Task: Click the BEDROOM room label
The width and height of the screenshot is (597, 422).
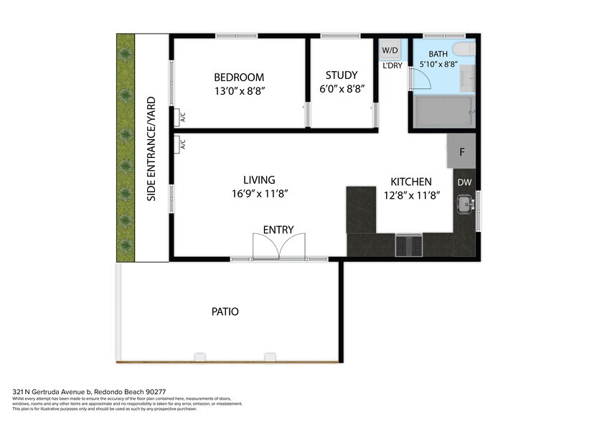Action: [239, 77]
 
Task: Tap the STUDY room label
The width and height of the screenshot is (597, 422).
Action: [341, 75]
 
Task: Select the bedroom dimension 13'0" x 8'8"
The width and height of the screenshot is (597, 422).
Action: [239, 90]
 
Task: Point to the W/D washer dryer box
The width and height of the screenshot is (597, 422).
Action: [390, 50]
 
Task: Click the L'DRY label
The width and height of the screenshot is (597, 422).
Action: [392, 65]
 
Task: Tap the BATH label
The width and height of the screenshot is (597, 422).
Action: [438, 55]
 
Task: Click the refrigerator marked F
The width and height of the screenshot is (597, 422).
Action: [461, 151]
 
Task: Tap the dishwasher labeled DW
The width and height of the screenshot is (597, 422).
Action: [464, 182]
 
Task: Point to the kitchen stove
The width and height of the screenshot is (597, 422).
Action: [409, 245]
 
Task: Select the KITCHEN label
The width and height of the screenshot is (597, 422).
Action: [410, 182]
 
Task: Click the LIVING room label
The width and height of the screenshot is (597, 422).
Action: [259, 180]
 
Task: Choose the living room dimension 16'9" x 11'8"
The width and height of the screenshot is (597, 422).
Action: [259, 193]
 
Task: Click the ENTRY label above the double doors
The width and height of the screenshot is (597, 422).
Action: [278, 230]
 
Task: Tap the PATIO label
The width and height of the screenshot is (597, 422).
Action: [225, 311]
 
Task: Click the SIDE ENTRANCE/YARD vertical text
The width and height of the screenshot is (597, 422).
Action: [151, 148]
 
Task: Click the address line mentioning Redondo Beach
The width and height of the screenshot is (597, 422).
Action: [89, 392]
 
